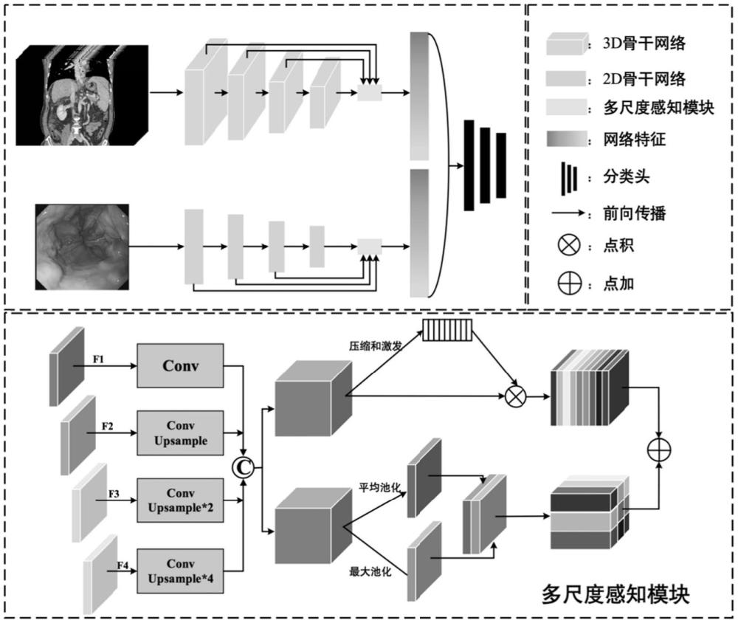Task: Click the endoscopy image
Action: pos(82,247)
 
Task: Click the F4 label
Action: pos(124,565)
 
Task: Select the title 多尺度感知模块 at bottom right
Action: pos(615,595)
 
